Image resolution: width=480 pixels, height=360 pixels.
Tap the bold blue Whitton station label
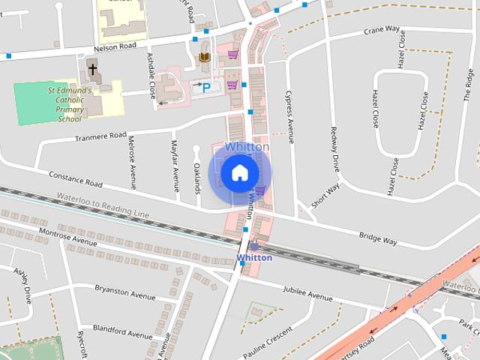(254, 258)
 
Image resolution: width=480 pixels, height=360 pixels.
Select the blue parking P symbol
(207, 87)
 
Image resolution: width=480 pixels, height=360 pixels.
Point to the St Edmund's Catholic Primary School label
(70, 103)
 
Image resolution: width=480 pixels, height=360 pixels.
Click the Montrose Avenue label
(69, 238)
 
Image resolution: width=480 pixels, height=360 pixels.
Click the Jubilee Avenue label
(307, 294)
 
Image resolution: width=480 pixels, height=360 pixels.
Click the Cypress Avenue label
(289, 117)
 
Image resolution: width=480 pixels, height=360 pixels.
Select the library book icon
(203, 57)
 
